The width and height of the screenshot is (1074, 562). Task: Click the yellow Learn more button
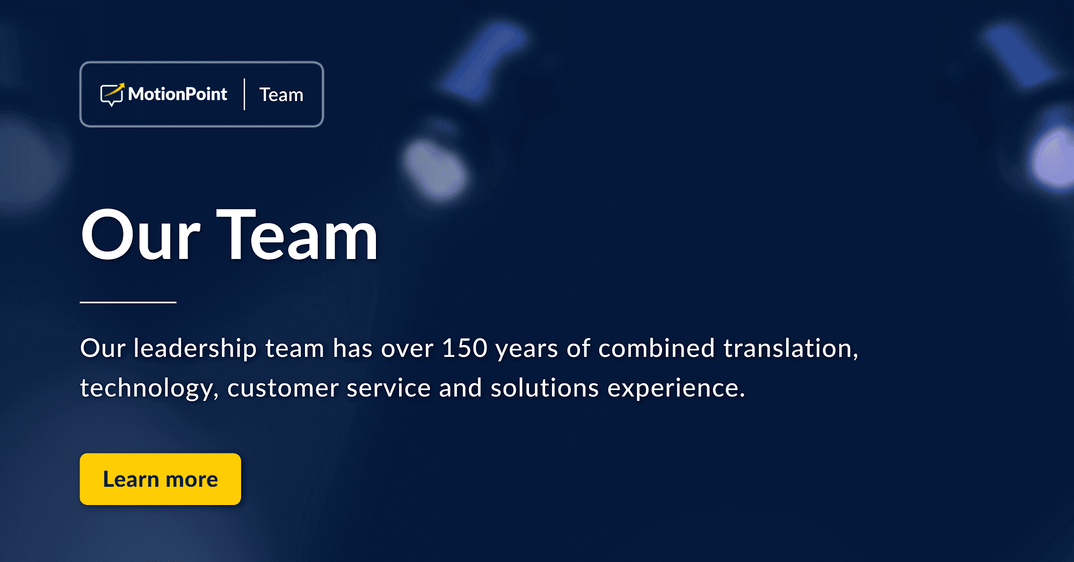160,479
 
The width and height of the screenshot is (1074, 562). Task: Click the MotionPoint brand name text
178,94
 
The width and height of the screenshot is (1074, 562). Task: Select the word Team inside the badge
281,95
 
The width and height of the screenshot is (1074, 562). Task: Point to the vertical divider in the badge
244,95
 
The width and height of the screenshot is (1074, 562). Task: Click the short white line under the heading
128,302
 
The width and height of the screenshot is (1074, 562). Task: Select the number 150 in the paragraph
465,348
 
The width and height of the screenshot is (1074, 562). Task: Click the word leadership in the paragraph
195,348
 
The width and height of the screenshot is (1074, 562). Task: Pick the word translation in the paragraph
790,348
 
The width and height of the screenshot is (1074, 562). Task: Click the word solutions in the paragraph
544,388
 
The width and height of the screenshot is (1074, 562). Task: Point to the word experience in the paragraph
676,388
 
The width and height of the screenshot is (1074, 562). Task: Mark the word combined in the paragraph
656,348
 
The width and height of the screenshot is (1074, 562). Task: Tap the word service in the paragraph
388,388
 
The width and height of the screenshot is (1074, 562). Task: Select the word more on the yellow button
192,479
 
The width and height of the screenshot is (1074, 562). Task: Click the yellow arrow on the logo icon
119,87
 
